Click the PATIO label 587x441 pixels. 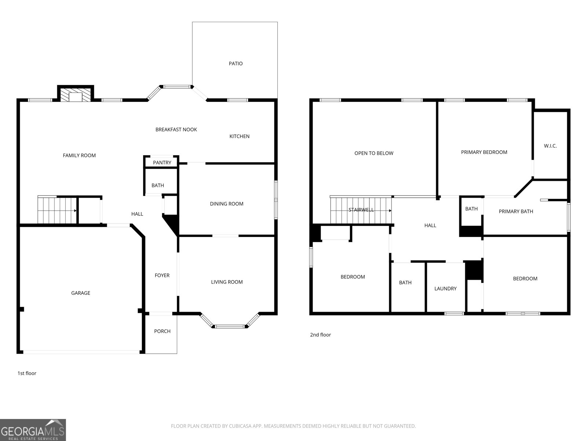pos(236,64)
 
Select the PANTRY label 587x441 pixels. pos(162,162)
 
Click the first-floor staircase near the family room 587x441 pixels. pos(57,210)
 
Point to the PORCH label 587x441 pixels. pos(162,331)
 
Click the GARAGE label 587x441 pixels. pos(80,293)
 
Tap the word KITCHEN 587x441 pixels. pos(239,136)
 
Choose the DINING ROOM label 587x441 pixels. pos(226,204)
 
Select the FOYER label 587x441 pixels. pos(162,275)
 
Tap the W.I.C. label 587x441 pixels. pos(550,146)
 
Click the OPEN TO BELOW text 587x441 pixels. pos(373,153)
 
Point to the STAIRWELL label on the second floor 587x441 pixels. pos(361,210)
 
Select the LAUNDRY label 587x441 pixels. pos(445,288)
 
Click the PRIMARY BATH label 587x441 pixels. pos(516,211)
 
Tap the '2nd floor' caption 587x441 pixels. pos(320,335)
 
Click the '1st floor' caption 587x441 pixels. pos(27,373)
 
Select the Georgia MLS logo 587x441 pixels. pos(33,430)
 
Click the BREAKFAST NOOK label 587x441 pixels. pos(176,129)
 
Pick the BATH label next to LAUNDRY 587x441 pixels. pos(405,283)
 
